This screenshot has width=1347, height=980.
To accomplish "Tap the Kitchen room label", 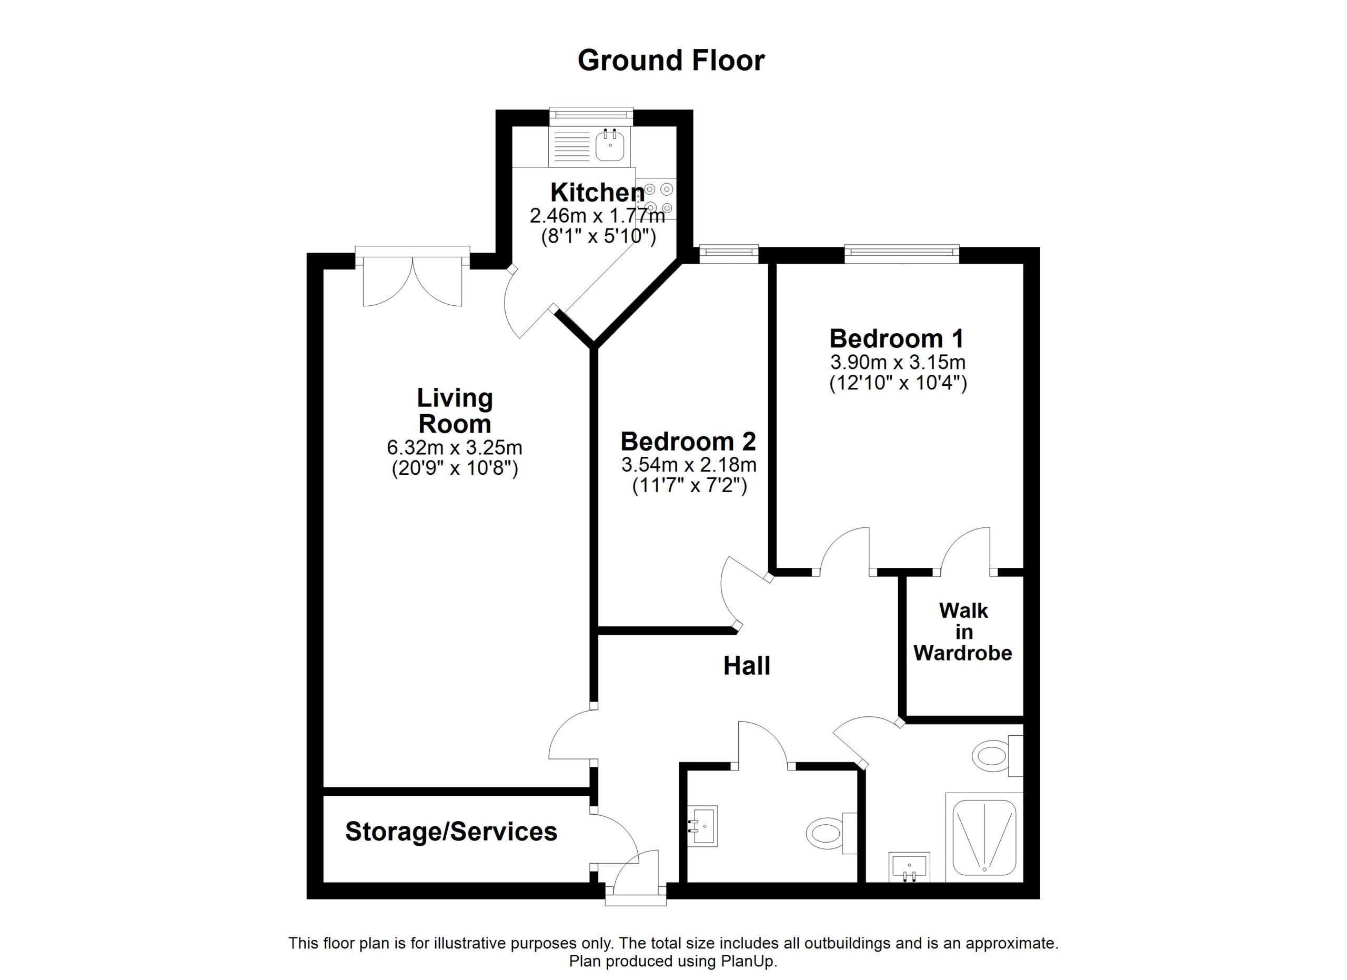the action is tap(598, 193).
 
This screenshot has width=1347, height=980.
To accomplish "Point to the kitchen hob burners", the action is tap(658, 198).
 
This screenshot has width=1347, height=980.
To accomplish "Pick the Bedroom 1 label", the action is tap(896, 338).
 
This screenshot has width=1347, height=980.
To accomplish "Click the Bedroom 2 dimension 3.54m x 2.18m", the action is tap(689, 464).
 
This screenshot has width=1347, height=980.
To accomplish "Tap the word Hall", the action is tap(747, 666).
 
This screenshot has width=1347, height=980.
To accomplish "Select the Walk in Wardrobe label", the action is tap(963, 632).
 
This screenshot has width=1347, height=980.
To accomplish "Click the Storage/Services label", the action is tap(451, 832).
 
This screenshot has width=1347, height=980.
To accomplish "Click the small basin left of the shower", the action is tap(909, 868).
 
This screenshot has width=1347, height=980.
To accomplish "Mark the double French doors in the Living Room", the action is tap(413, 277).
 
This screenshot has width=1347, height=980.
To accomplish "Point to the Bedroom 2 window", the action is tap(729, 254).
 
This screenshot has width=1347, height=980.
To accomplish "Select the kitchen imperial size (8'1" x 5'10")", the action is tap(599, 237).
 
